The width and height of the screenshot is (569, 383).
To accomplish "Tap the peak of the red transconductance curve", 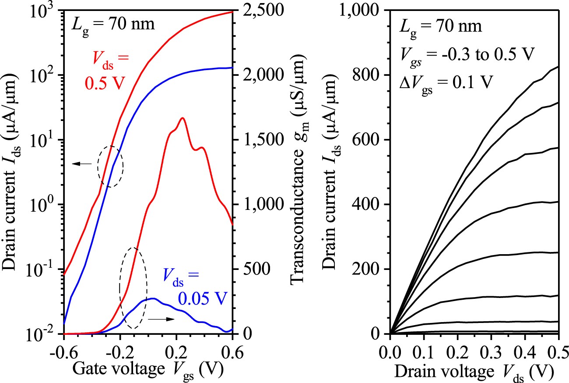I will pos(182,118).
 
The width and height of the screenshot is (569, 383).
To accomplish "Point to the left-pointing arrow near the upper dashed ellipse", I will pos(82,164).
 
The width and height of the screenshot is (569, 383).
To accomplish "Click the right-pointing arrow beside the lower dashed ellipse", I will pos(161,319).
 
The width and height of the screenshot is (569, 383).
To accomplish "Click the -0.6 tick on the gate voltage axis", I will pos(64,351).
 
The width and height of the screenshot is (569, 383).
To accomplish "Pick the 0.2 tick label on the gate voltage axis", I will pos(176,351).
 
